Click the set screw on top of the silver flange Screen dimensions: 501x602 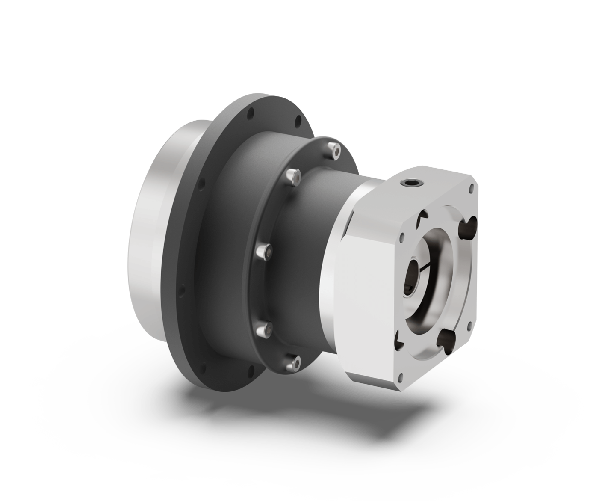410,184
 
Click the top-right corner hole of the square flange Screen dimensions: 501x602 472,187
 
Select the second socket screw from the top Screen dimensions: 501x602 293,177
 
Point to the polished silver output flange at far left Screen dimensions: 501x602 145,244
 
